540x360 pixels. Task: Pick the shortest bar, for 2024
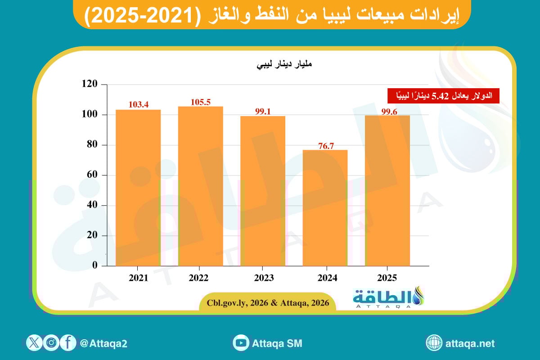point(325,207)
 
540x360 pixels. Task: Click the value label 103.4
point(138,105)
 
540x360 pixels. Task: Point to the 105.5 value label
point(200,102)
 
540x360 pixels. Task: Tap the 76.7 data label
point(325,145)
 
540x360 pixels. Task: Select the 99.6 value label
point(387,111)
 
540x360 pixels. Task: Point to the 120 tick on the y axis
point(90,84)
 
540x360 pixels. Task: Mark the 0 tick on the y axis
point(95,265)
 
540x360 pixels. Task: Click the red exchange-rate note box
point(444,96)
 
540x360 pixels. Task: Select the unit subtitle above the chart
point(284,64)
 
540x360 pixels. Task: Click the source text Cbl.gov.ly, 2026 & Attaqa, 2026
point(268,303)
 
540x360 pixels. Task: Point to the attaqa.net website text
point(470,343)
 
